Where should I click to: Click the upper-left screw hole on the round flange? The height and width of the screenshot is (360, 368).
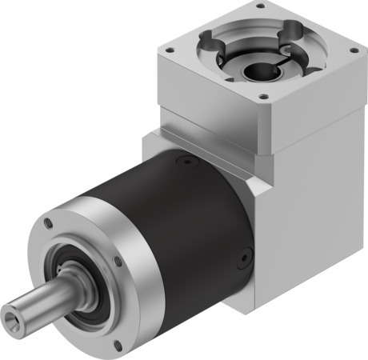[x=49, y=223]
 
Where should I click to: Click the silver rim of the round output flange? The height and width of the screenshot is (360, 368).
[x=128, y=296]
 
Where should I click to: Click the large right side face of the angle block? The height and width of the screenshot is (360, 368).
[x=312, y=208]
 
